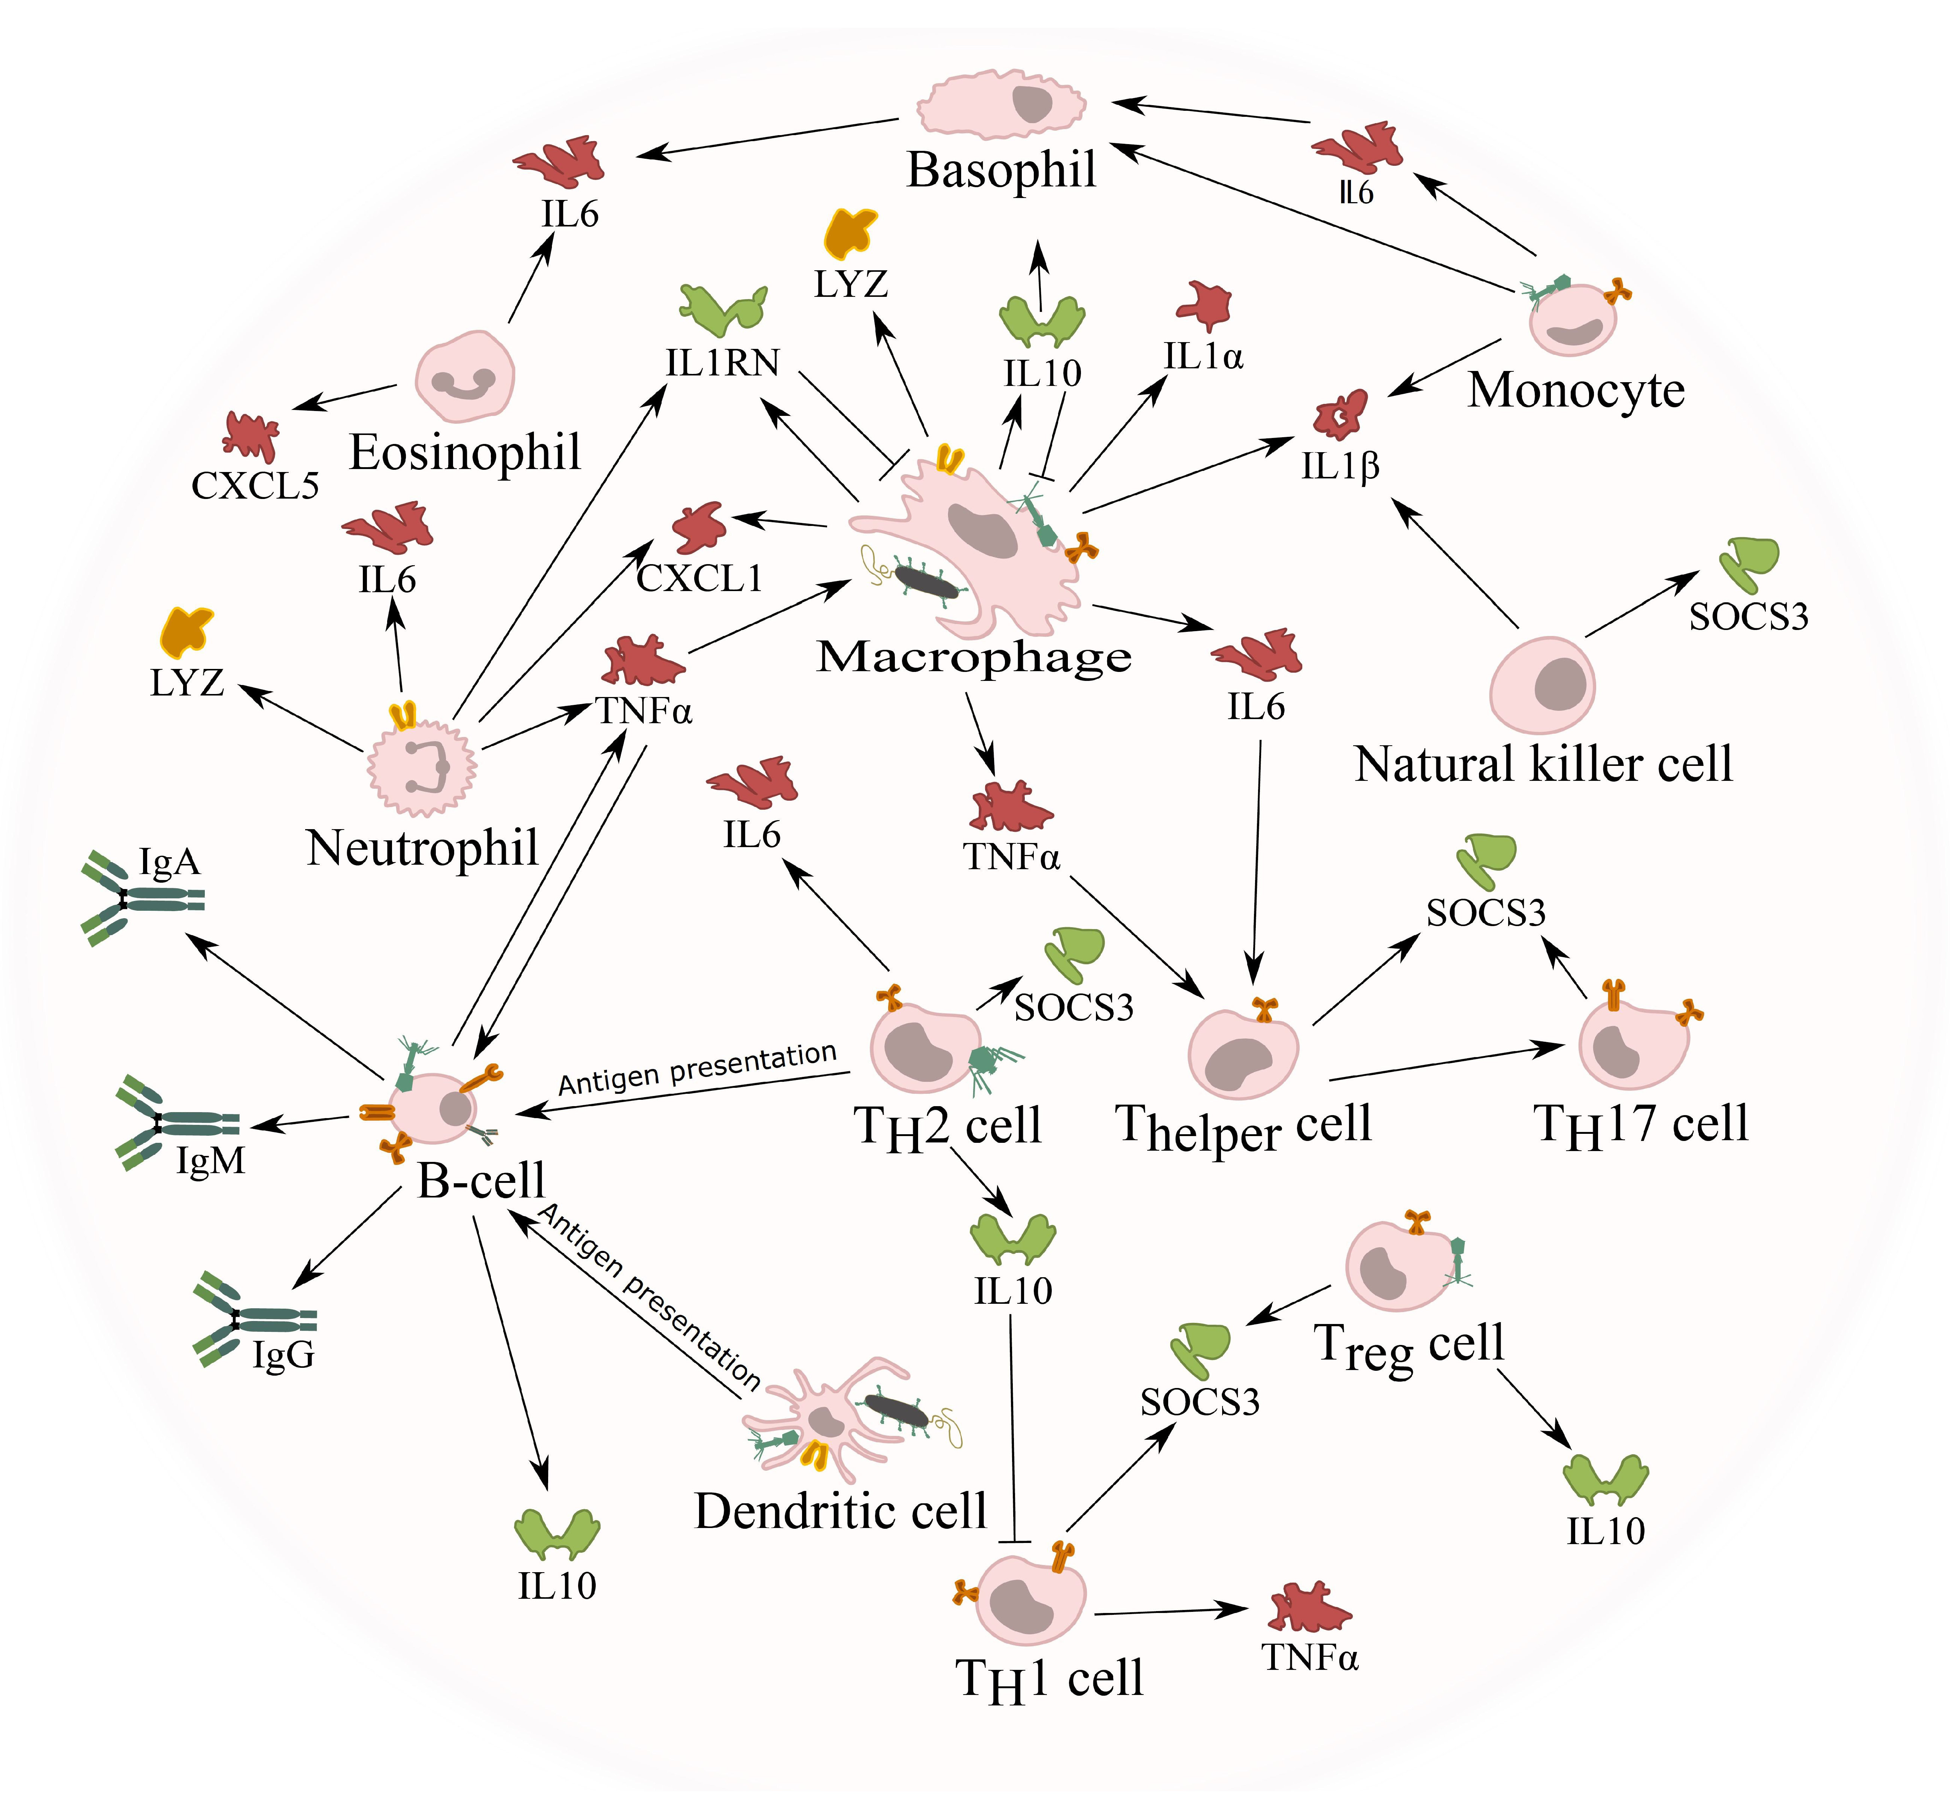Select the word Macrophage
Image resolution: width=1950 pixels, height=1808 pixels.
pyautogui.click(x=974, y=657)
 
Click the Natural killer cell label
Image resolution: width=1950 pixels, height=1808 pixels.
pyautogui.click(x=1543, y=764)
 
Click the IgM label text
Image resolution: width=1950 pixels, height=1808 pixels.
pyautogui.click(x=210, y=1161)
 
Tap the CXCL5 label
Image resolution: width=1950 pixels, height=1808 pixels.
pyautogui.click(x=255, y=485)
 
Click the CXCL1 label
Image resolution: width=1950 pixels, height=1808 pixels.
pyautogui.click(x=699, y=578)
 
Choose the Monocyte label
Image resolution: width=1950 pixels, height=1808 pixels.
pyautogui.click(x=1576, y=390)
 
